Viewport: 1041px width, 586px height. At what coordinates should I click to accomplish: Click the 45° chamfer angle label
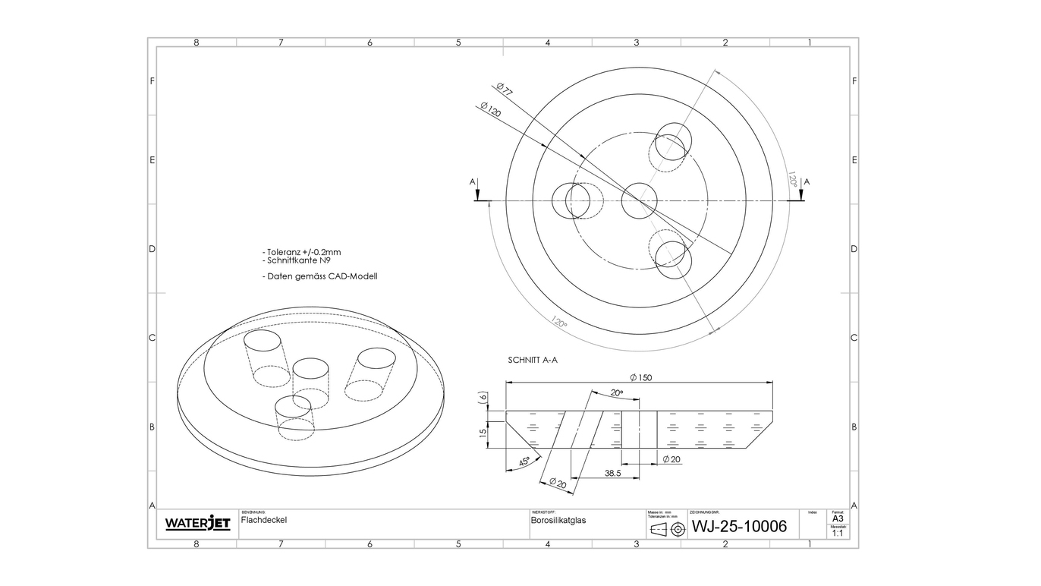pyautogui.click(x=524, y=462)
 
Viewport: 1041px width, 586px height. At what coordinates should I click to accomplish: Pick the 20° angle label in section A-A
pyautogui.click(x=616, y=393)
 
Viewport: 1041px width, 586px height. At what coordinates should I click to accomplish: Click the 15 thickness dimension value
pyautogui.click(x=482, y=431)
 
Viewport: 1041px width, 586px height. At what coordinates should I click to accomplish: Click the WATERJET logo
pyautogui.click(x=197, y=524)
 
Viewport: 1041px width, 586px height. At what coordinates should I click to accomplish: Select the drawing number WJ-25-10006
pyautogui.click(x=739, y=526)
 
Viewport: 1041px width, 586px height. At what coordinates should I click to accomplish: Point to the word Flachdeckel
pyautogui.click(x=264, y=521)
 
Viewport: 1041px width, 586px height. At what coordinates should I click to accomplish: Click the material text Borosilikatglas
pyautogui.click(x=558, y=521)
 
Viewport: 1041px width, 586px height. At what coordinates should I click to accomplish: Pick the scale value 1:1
pyautogui.click(x=838, y=534)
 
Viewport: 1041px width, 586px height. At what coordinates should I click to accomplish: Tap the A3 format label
pyautogui.click(x=838, y=518)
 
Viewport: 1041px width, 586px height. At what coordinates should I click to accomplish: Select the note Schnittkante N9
pyautogui.click(x=298, y=260)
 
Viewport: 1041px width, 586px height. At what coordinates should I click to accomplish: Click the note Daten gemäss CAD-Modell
pyautogui.click(x=319, y=276)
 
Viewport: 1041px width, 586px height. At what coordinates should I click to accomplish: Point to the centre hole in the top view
pyautogui.click(x=639, y=200)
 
